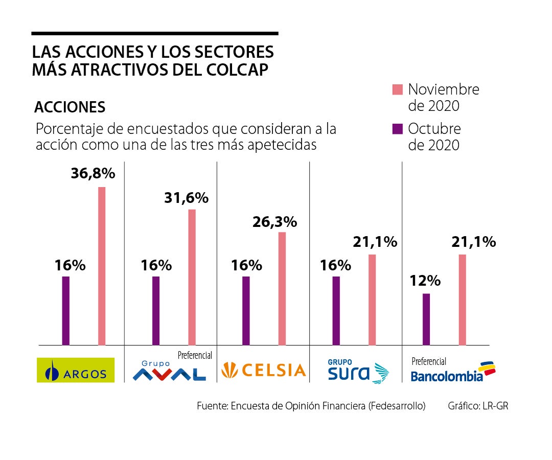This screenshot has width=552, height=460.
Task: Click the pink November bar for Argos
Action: click(x=102, y=266)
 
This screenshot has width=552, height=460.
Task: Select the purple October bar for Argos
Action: click(x=65, y=310)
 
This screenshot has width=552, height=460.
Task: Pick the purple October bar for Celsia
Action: click(x=246, y=310)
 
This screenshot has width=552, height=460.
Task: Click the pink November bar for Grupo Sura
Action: click(x=372, y=300)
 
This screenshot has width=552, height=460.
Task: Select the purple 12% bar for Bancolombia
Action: click(x=426, y=319)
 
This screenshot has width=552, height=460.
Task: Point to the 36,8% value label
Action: click(x=93, y=173)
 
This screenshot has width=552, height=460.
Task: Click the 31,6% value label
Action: click(x=186, y=197)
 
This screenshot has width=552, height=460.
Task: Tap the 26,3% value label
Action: click(x=274, y=222)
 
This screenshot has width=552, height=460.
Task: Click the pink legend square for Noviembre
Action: click(x=398, y=90)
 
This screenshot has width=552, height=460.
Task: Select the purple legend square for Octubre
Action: click(x=398, y=129)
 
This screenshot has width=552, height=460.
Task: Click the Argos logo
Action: click(x=76, y=370)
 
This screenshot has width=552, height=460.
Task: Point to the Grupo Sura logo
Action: click(x=358, y=372)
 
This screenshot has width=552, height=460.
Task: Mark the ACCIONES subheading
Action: click(x=70, y=107)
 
